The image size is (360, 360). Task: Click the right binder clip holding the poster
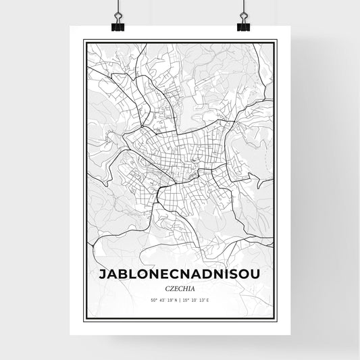pos(243,24)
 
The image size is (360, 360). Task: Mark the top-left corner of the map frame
pos(83,40)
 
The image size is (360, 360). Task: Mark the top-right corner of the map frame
pos(277,40)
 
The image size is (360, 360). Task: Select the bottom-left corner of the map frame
pos(83,321)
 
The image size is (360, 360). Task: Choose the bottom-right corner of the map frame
pos(277,321)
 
